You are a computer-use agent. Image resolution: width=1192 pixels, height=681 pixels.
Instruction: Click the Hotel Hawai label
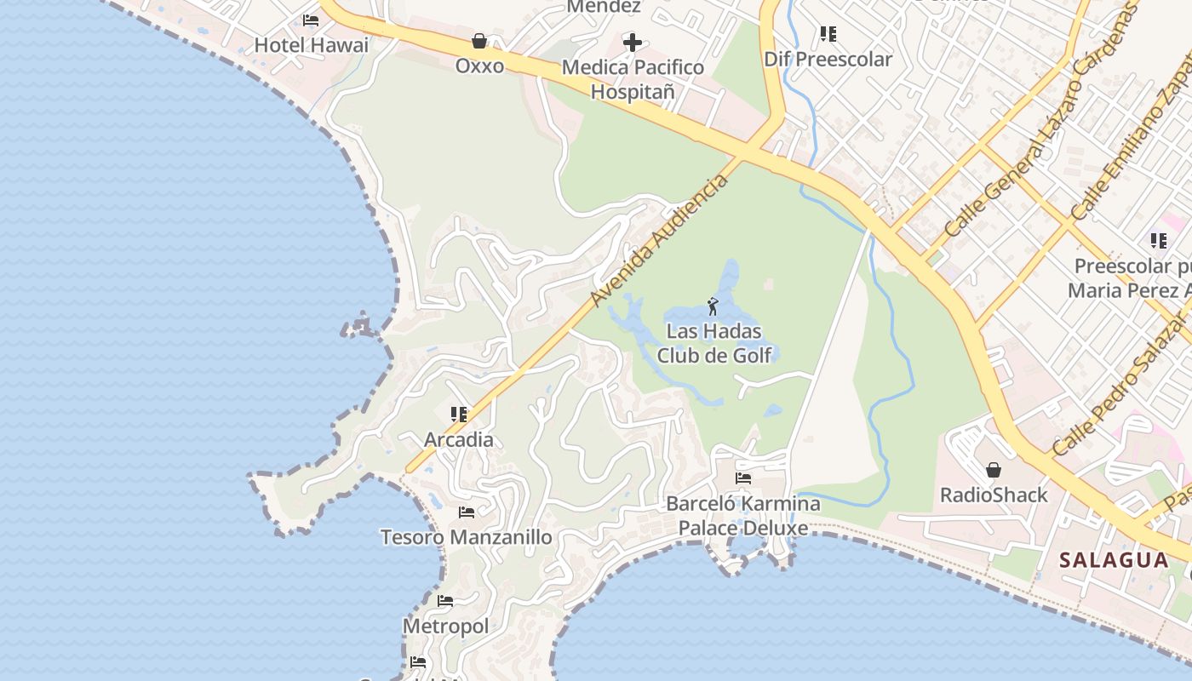(x=312, y=45)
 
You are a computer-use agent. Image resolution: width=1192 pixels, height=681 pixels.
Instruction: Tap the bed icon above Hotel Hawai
(x=311, y=20)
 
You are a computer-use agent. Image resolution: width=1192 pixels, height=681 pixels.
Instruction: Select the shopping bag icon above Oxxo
(x=479, y=40)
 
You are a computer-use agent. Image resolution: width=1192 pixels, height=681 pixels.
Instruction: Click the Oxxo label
(x=479, y=66)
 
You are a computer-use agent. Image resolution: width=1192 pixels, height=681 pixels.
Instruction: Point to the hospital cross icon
(x=633, y=41)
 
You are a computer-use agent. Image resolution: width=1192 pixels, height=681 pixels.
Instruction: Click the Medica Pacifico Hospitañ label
(x=633, y=79)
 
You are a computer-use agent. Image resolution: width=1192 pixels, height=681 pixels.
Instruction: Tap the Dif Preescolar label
(x=828, y=59)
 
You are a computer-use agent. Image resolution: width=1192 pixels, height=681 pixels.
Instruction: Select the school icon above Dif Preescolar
(x=828, y=34)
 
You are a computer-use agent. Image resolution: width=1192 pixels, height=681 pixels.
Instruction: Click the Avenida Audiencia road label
(x=660, y=241)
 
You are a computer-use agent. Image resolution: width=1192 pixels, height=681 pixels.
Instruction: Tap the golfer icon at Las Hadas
(x=713, y=306)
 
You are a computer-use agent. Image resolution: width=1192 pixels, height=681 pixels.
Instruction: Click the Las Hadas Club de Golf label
(x=713, y=343)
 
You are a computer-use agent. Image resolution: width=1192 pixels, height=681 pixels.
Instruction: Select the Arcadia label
(x=459, y=440)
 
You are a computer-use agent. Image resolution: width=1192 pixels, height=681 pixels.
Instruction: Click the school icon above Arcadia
(x=459, y=415)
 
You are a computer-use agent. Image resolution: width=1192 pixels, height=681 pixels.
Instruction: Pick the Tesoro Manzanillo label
(x=466, y=537)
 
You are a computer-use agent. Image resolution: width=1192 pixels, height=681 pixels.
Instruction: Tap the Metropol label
(x=445, y=627)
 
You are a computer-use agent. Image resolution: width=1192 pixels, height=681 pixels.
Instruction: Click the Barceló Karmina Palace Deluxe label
(x=742, y=516)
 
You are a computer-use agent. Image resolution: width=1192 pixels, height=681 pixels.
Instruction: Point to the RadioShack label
(x=994, y=495)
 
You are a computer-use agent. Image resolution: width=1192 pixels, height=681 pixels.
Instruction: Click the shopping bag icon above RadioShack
(x=993, y=470)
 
